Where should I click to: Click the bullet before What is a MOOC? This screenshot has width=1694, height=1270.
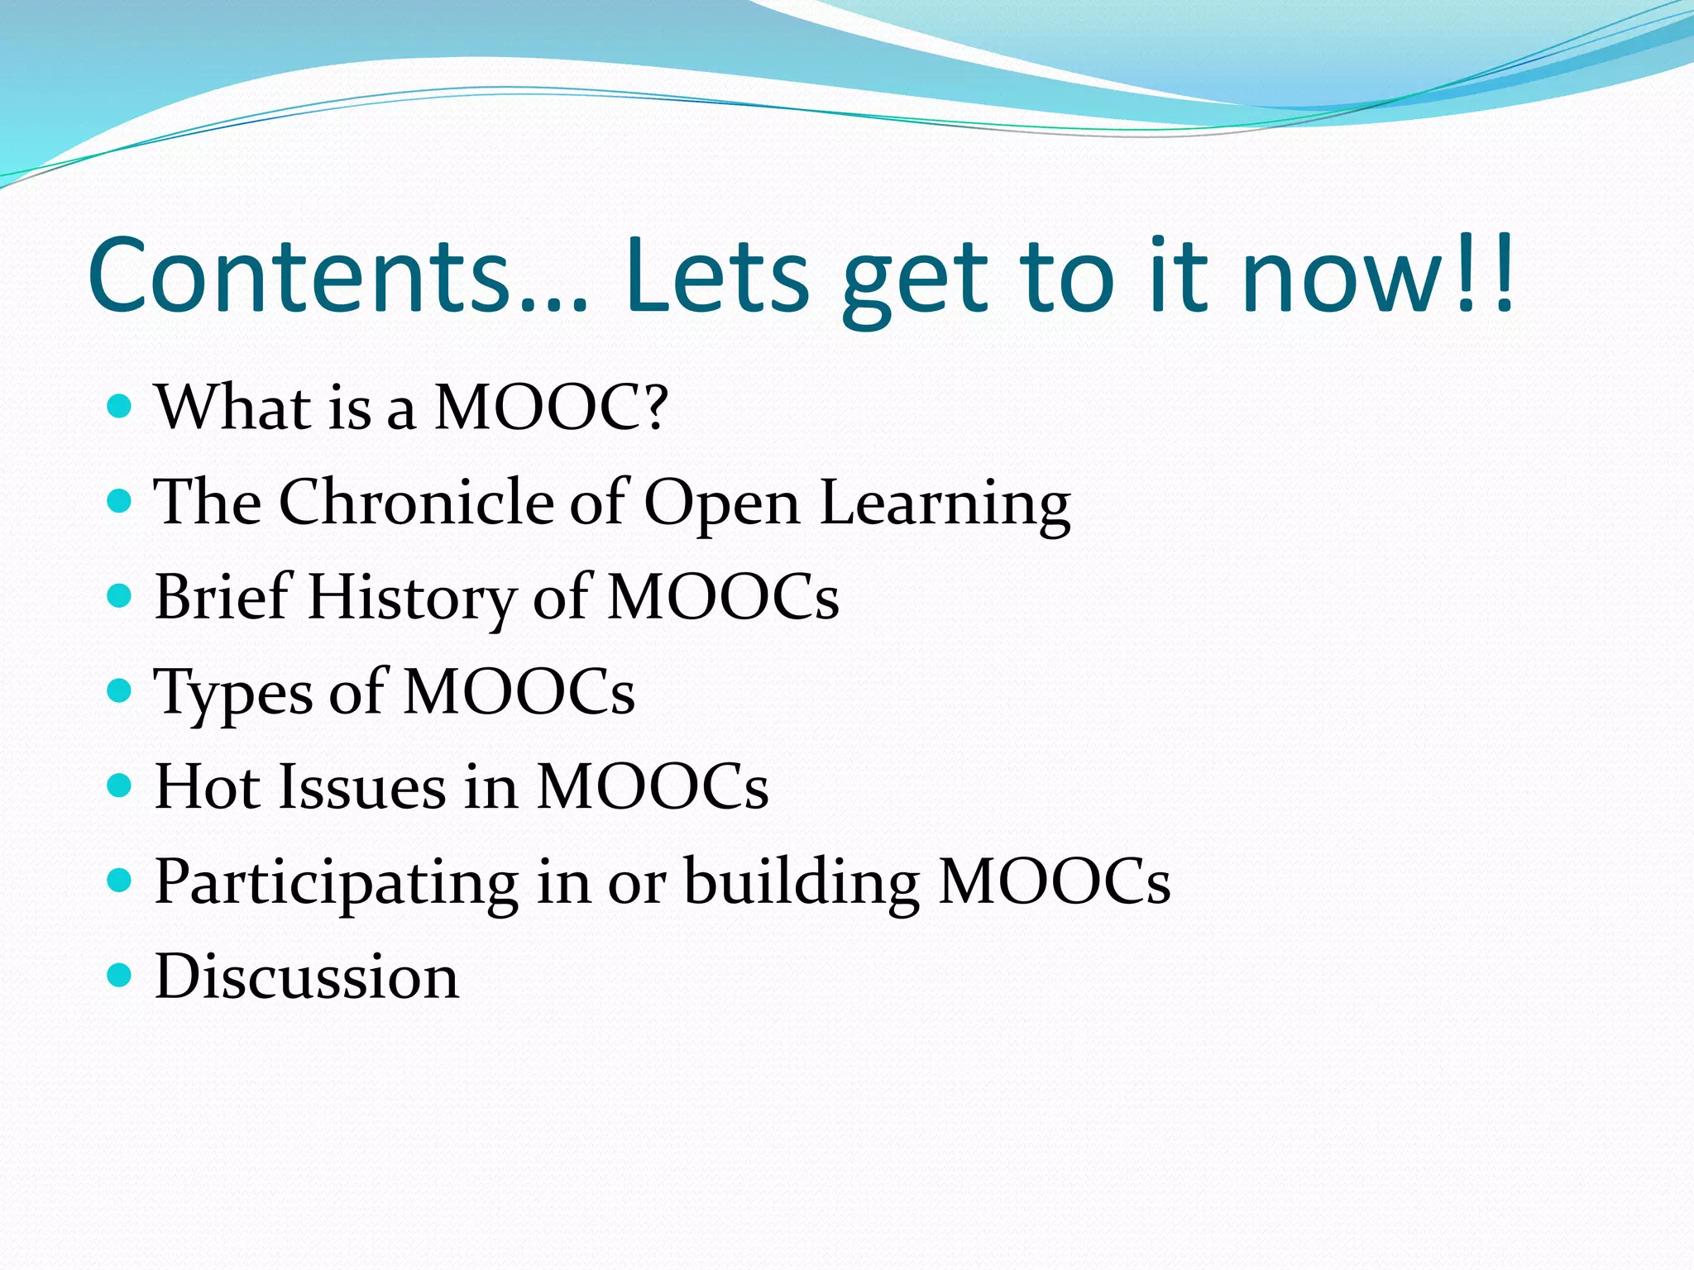click(x=120, y=406)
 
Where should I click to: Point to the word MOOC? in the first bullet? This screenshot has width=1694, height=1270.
click(x=550, y=408)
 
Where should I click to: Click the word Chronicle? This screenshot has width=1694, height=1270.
click(x=416, y=502)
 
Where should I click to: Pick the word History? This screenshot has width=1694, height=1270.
click(x=411, y=598)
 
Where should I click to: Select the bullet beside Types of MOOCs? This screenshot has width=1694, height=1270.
click(x=120, y=690)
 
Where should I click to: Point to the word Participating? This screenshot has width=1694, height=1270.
click(x=336, y=882)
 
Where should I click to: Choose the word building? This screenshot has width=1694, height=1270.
click(x=802, y=882)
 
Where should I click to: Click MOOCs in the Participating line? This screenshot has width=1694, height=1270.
click(x=1055, y=882)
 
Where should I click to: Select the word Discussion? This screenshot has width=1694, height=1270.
click(x=306, y=976)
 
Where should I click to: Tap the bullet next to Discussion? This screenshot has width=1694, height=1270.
click(x=120, y=975)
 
